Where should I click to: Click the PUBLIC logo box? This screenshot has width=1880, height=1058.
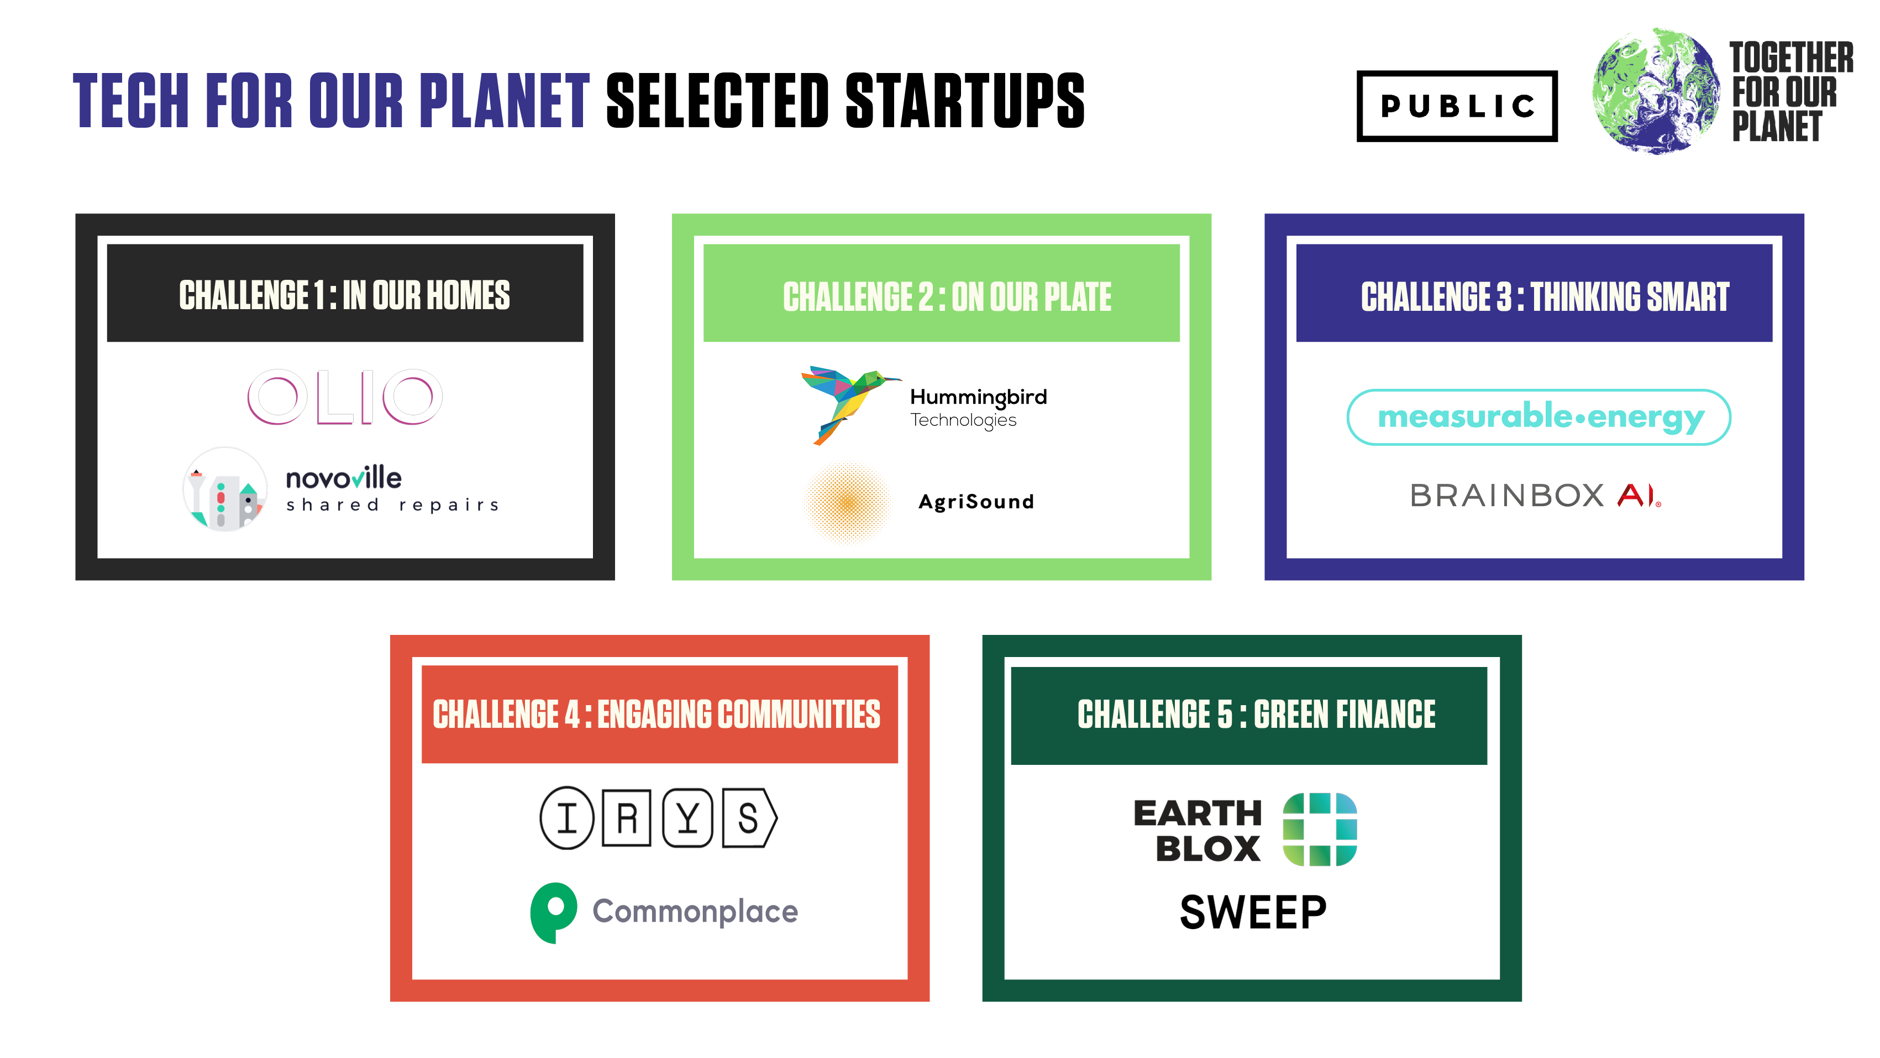click(x=1457, y=106)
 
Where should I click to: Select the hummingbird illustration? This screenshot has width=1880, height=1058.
click(x=850, y=404)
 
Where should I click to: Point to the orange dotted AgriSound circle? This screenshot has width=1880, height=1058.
click(x=847, y=502)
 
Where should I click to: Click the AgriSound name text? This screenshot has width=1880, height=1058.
click(x=976, y=502)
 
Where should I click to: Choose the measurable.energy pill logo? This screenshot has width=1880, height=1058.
click(x=1538, y=417)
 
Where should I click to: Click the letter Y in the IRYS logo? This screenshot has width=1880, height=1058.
click(x=687, y=818)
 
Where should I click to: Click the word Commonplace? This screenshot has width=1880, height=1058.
click(x=695, y=911)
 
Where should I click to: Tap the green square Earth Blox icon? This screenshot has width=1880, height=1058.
click(x=1320, y=830)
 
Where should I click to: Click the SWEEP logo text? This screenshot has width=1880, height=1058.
click(x=1253, y=913)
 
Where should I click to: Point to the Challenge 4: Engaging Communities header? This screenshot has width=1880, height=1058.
click(x=660, y=714)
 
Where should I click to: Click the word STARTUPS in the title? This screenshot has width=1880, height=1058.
click(x=965, y=100)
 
